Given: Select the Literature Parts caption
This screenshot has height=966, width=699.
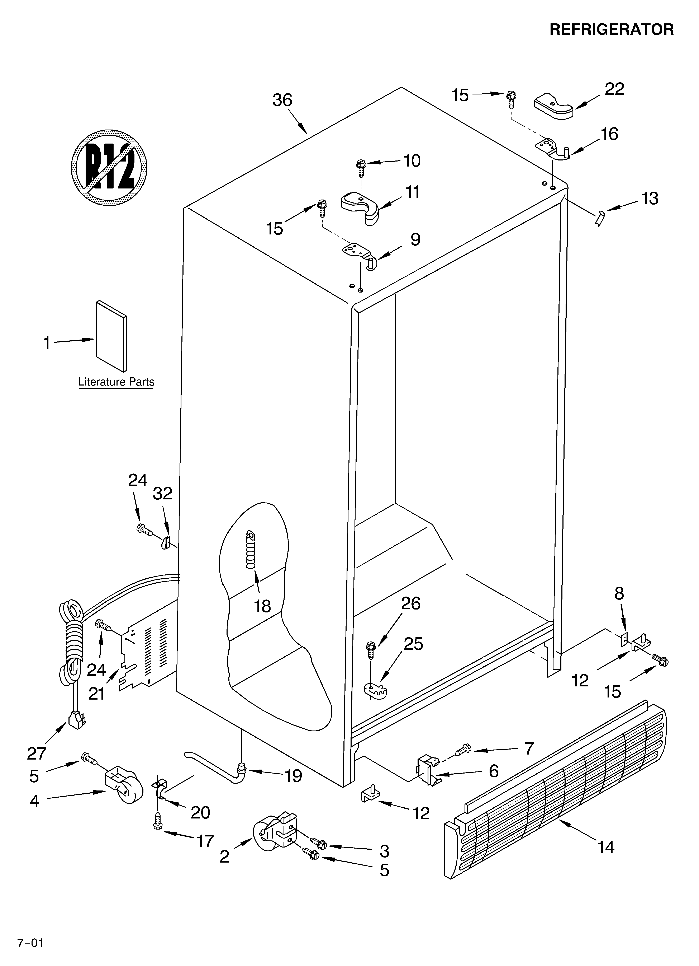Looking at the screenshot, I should (x=116, y=382).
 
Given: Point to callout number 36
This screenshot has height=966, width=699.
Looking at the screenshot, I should (x=282, y=101).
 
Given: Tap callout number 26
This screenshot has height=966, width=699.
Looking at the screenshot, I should (x=411, y=603).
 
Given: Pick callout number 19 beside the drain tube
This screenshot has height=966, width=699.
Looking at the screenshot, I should (x=294, y=776).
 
